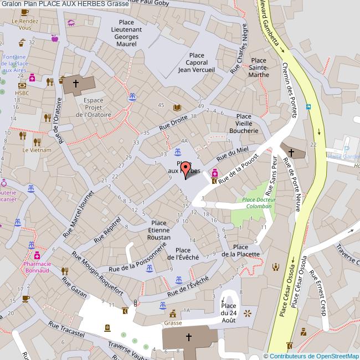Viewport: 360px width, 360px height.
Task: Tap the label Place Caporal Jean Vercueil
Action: pyautogui.click(x=197, y=63)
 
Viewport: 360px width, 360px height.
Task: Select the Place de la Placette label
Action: pyautogui.click(x=246, y=250)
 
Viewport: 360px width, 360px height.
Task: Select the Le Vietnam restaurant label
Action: pyautogui.click(x=37, y=150)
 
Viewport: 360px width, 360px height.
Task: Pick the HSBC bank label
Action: pyautogui.click(x=22, y=93)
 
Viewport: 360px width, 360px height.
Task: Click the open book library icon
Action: pyautogui.click(x=177, y=107)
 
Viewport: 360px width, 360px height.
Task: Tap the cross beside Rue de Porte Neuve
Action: pyautogui.click(x=291, y=151)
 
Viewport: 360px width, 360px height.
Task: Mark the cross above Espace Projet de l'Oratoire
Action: pyautogui.click(x=76, y=84)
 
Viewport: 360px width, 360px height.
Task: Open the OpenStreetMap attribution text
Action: pyautogui.click(x=313, y=356)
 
